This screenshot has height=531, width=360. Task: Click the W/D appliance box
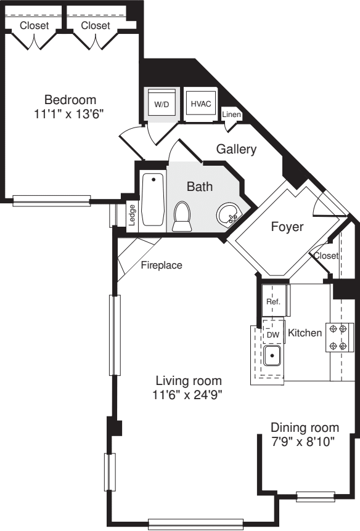tap(162, 104)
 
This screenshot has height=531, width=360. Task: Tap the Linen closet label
tap(232, 115)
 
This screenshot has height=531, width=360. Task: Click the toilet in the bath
tap(182, 217)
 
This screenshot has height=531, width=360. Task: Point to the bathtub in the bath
tap(153, 200)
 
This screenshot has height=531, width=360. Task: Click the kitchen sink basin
tap(272, 355)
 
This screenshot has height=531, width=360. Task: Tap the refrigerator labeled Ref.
tap(273, 301)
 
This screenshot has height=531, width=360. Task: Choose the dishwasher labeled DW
tap(272, 333)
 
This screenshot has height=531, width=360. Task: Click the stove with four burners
tap(340, 337)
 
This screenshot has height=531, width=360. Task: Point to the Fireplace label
tap(162, 266)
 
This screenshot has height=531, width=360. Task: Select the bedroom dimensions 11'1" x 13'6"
tap(70, 113)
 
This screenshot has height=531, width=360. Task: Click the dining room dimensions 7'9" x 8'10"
tap(305, 442)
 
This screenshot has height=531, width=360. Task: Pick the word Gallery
tap(236, 149)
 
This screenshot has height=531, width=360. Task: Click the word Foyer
tap(287, 227)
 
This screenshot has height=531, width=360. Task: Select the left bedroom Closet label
tap(35, 25)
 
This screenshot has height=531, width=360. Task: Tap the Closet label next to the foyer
tap(325, 256)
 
